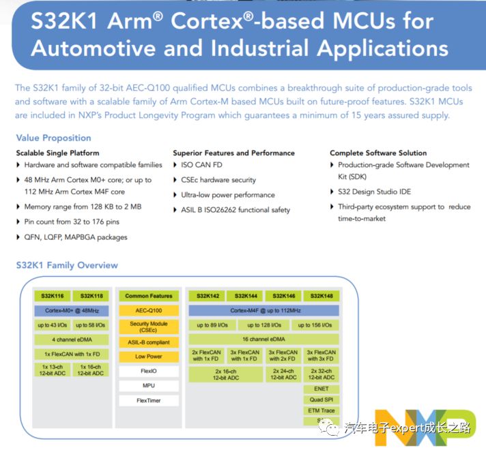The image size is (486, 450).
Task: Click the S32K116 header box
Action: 53,296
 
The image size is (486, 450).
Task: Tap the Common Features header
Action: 149,296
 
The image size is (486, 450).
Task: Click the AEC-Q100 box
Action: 149,310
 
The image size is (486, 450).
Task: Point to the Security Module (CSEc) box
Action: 149,327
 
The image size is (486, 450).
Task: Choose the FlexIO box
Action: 149,372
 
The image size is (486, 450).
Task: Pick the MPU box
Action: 149,386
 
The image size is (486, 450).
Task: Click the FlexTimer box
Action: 149,400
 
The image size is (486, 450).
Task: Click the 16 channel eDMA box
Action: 263,339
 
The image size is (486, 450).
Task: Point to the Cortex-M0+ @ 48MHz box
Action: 72,310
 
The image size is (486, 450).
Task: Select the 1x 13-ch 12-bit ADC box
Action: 53,370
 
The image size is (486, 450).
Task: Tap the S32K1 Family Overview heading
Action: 67,265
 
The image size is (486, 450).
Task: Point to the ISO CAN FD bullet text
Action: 202,165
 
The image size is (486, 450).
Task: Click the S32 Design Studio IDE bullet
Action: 375,192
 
